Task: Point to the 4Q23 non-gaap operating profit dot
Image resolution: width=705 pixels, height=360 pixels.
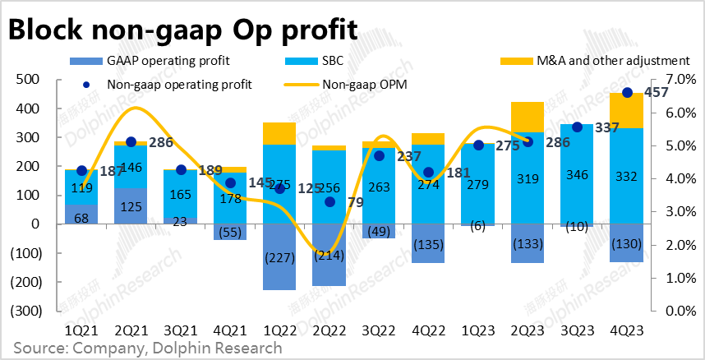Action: [x=627, y=93]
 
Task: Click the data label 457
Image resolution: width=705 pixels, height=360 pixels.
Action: [x=654, y=93]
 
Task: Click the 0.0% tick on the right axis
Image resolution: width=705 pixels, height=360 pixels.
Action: [x=673, y=311]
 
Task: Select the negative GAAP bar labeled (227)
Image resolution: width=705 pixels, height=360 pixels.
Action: [x=279, y=256]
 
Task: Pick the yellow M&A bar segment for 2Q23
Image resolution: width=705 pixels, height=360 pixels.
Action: [x=528, y=117]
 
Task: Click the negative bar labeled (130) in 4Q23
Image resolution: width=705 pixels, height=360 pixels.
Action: [x=627, y=242]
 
